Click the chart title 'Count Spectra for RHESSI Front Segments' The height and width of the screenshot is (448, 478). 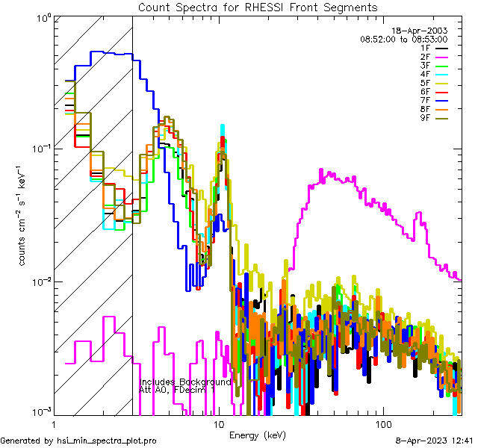pyautogui.click(x=258, y=7)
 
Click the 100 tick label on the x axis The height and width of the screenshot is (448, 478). pyautogui.click(x=383, y=423)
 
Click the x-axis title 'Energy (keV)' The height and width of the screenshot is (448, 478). pyautogui.click(x=257, y=435)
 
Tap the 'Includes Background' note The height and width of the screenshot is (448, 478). pyautogui.click(x=185, y=382)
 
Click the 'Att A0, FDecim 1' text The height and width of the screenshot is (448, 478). pyautogui.click(x=176, y=390)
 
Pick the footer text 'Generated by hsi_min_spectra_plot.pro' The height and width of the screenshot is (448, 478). pyautogui.click(x=78, y=441)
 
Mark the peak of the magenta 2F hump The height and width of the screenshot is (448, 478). pyautogui.click(x=323, y=171)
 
